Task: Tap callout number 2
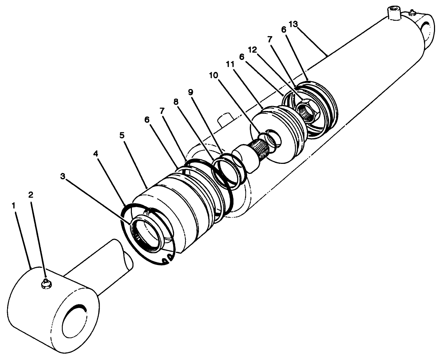point(31,194)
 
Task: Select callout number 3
point(63,176)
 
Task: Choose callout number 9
point(190,92)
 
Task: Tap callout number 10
point(213,75)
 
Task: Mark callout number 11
point(230,64)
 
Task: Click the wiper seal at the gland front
point(146,235)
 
